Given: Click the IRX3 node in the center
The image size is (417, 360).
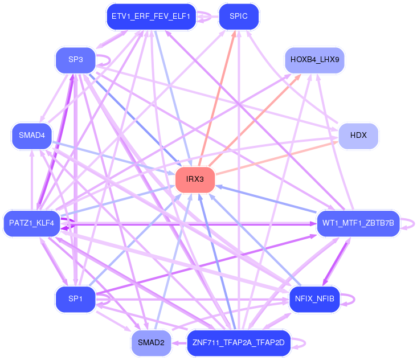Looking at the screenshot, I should pyautogui.click(x=195, y=179).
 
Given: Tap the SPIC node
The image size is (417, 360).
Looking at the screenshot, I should pyautogui.click(x=239, y=17).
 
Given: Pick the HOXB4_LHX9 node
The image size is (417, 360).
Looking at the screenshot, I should pyautogui.click(x=314, y=60).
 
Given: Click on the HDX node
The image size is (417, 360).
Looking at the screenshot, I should pyautogui.click(x=358, y=136).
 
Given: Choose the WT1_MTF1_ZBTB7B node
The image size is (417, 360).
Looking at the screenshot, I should pyautogui.click(x=358, y=223).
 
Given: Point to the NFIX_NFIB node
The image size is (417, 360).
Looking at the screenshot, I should pyautogui.click(x=314, y=299).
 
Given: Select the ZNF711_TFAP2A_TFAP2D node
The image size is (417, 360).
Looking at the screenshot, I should pyautogui.click(x=239, y=343).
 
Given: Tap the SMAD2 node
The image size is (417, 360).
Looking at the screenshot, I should pyautogui.click(x=151, y=343).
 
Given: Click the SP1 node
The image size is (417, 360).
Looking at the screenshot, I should pyautogui.click(x=75, y=299).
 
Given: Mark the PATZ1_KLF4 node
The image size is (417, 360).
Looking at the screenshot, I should pyautogui.click(x=32, y=223).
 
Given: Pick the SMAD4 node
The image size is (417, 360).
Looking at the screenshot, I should pyautogui.click(x=32, y=136).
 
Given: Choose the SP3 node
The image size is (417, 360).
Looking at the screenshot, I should pyautogui.click(x=75, y=60).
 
